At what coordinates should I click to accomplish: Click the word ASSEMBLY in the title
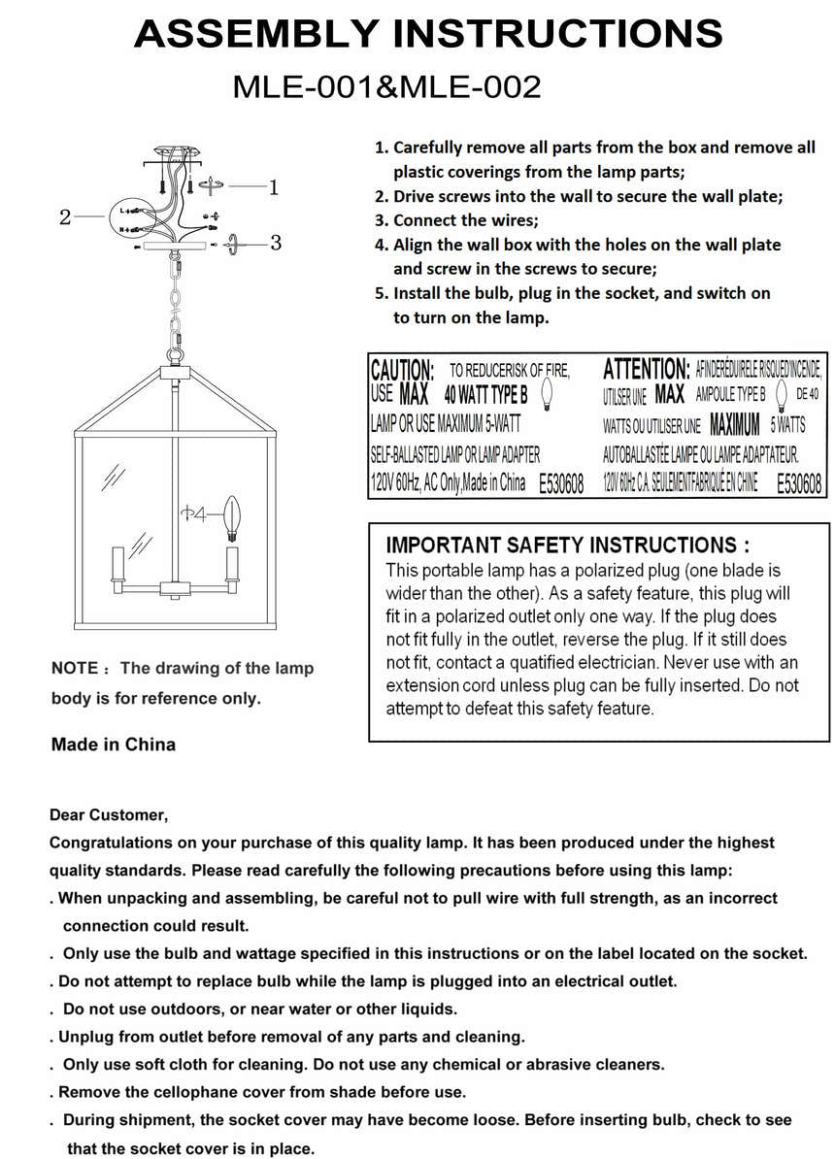[x=256, y=34]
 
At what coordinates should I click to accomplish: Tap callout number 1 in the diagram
[x=274, y=186]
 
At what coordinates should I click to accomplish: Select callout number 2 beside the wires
[x=65, y=217]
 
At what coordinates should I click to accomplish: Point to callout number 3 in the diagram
[x=276, y=243]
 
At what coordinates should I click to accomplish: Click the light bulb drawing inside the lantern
[x=232, y=517]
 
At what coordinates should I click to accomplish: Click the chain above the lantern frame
[x=176, y=301]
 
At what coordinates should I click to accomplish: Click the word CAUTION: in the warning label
[x=402, y=370]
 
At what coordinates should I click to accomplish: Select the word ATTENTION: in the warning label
[x=646, y=369]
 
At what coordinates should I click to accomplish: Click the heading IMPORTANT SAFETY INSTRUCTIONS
[x=567, y=546]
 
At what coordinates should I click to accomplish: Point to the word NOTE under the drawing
[x=75, y=669]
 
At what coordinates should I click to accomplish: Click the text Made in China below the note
[x=114, y=745]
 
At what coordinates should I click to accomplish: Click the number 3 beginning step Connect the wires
[x=381, y=220]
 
